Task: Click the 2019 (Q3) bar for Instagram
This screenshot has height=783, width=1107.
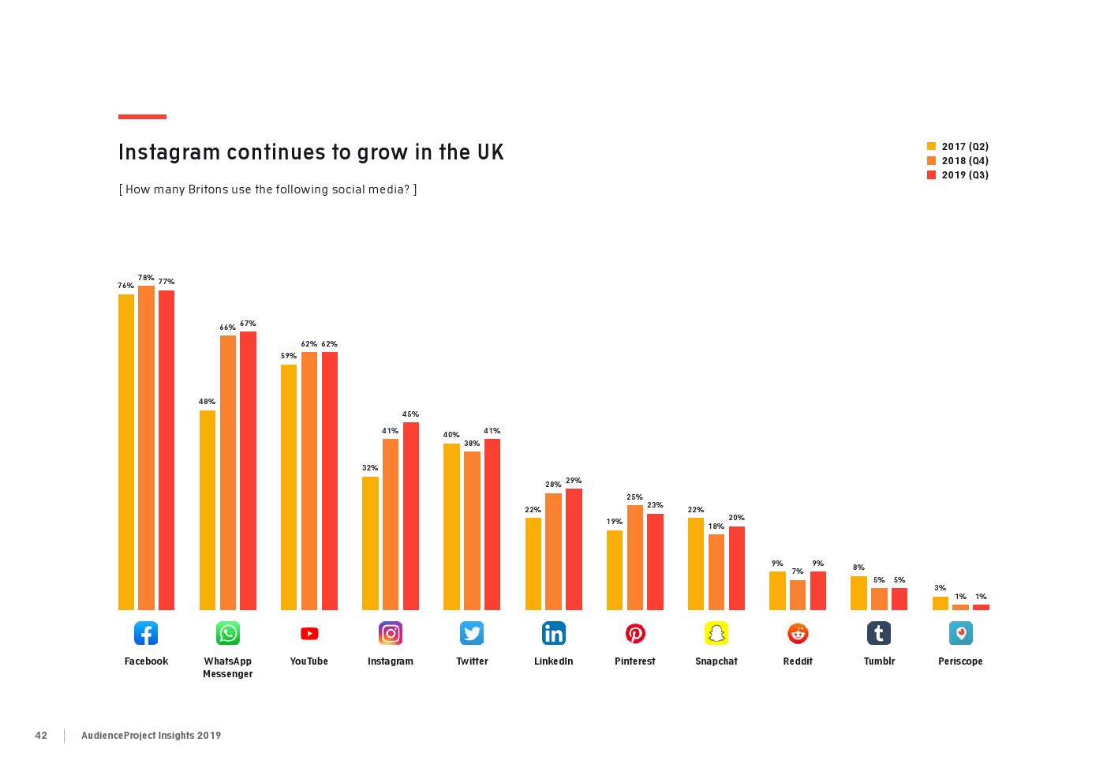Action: click(410, 516)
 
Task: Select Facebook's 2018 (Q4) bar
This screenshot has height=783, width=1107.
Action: click(146, 448)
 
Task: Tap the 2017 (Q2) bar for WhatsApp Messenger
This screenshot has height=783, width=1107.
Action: click(208, 510)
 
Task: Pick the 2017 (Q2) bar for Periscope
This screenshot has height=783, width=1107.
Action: click(940, 603)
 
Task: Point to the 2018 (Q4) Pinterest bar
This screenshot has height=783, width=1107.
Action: click(634, 557)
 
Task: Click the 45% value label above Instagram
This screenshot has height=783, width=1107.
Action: click(410, 414)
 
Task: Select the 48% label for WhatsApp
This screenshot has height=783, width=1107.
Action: click(207, 402)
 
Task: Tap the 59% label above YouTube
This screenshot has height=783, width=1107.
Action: click(289, 356)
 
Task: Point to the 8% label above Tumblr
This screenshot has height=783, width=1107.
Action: click(858, 568)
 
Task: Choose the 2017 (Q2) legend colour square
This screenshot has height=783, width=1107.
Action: click(931, 147)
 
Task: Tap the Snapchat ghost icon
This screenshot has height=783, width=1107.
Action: click(716, 633)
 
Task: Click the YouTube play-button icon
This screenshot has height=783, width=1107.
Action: click(309, 633)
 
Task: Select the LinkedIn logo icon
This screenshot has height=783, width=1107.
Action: click(553, 633)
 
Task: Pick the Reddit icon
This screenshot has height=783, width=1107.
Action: click(798, 633)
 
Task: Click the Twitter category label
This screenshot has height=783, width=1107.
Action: click(472, 661)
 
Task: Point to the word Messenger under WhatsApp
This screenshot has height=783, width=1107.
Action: click(227, 674)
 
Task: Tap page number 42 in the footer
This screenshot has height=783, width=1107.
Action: click(41, 736)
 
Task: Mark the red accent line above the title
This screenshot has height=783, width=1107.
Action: click(142, 117)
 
